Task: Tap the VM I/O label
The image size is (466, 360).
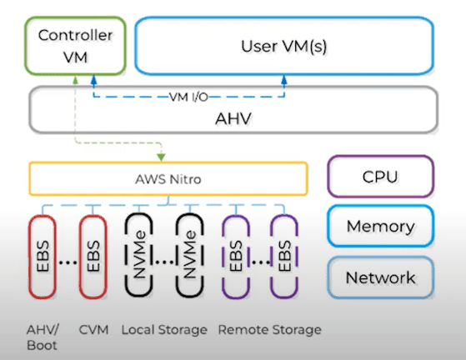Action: point(188,97)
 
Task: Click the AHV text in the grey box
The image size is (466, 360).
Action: point(233,118)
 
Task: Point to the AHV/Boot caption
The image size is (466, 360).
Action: point(43,337)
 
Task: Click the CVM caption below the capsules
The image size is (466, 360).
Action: point(93,330)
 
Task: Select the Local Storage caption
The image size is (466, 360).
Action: point(164,330)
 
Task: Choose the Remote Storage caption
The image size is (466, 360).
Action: point(270,330)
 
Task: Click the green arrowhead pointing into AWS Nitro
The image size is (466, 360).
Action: point(161,157)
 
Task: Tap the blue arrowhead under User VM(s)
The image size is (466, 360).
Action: point(284,80)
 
